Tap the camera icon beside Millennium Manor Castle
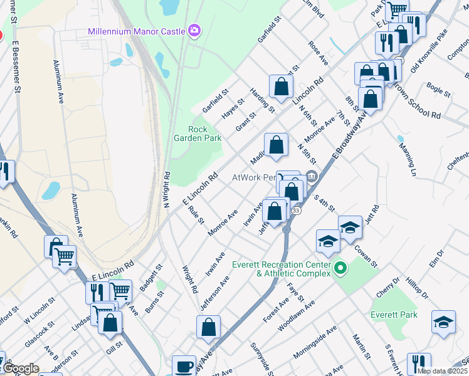(x=194, y=30)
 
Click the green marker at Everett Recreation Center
(x=340, y=269)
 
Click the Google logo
(x=21, y=368)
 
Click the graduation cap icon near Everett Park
(x=443, y=321)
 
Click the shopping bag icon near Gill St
(x=110, y=323)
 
